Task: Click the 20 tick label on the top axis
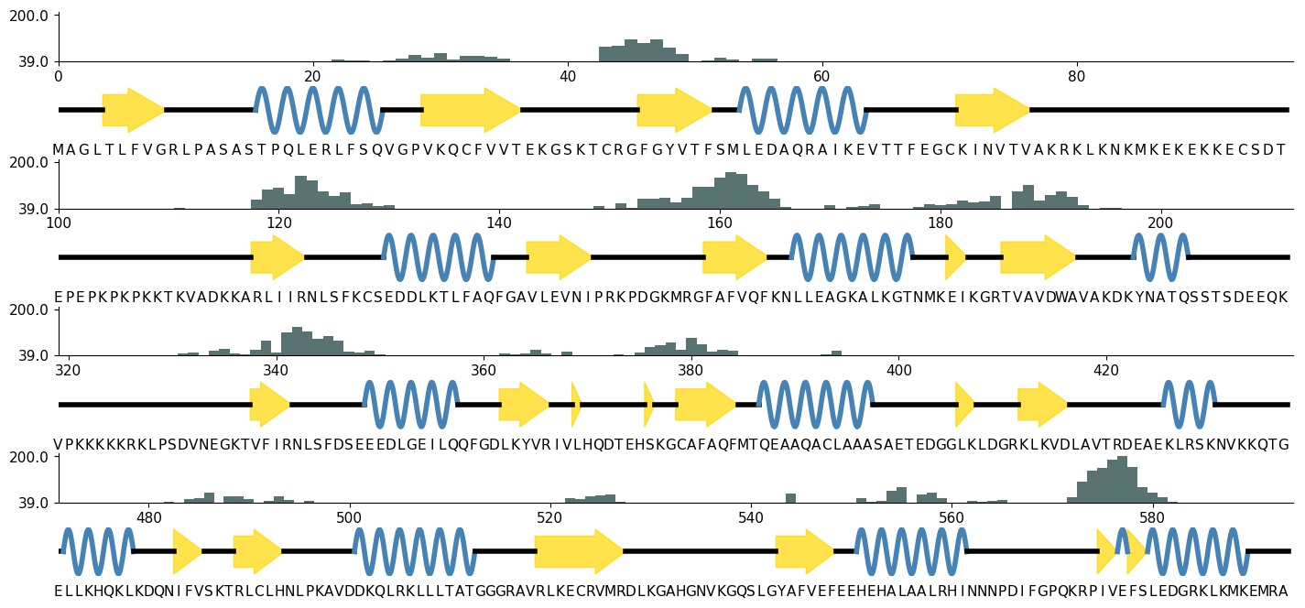tap(312, 75)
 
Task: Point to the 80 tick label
tap(1077, 75)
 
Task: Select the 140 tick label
tap(498, 223)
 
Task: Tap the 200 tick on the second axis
tap(1160, 223)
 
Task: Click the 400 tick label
tap(899, 370)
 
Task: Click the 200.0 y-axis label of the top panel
tap(30, 16)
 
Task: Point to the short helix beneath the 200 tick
tap(1160, 257)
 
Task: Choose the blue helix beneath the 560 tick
tap(911, 551)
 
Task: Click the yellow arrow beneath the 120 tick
tap(277, 257)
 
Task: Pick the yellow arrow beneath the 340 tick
tap(269, 405)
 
